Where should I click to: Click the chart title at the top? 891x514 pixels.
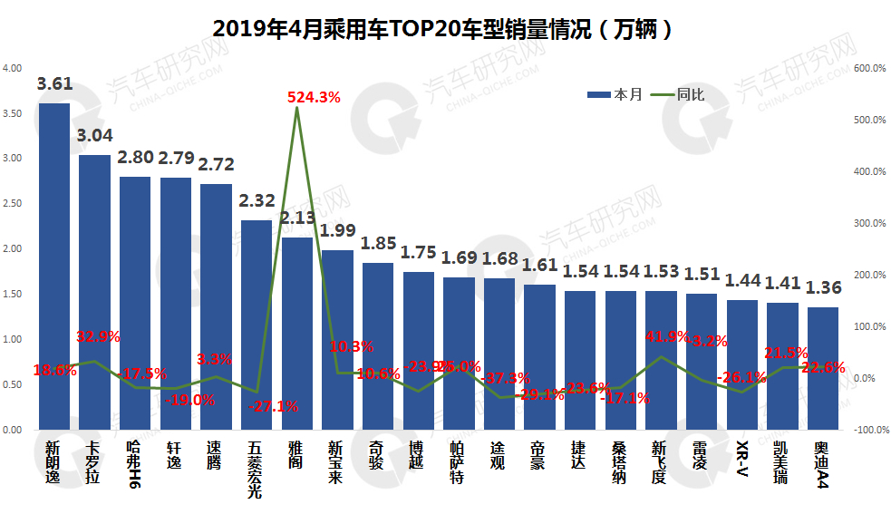443,29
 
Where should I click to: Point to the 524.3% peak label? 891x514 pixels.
314,97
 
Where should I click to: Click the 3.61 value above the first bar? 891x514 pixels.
54,84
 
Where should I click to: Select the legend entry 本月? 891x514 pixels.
616,94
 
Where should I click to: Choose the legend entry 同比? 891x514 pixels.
679,94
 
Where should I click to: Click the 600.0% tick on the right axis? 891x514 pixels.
871,69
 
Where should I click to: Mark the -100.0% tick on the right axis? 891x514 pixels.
870,430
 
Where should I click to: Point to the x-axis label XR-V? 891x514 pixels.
742,459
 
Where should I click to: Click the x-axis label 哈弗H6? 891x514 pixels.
134,463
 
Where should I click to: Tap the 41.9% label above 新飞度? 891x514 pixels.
663,337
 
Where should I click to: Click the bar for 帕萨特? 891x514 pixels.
459,354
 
